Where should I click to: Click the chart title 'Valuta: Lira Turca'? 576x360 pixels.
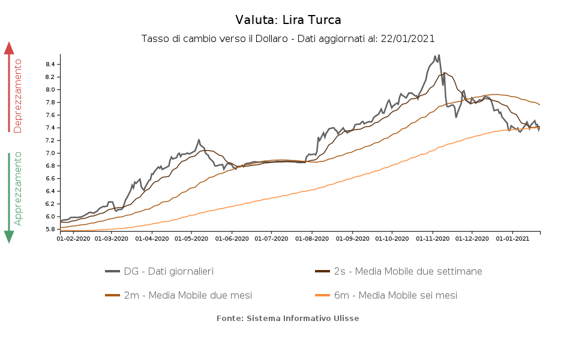click(x=288, y=20)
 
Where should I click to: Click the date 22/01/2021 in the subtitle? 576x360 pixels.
click(x=407, y=38)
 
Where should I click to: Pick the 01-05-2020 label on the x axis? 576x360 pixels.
click(x=191, y=239)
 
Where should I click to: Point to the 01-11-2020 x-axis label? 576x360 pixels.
click(x=433, y=239)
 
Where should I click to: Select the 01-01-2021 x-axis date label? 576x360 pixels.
click(x=513, y=239)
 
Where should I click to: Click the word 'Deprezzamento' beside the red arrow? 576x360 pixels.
click(x=18, y=96)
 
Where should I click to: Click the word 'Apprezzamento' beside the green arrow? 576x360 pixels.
click(x=18, y=188)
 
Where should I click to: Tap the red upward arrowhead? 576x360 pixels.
click(x=9, y=48)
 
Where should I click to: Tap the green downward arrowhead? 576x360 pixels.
click(x=9, y=236)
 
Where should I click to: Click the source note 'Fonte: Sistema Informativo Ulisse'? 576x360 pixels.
click(x=288, y=318)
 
